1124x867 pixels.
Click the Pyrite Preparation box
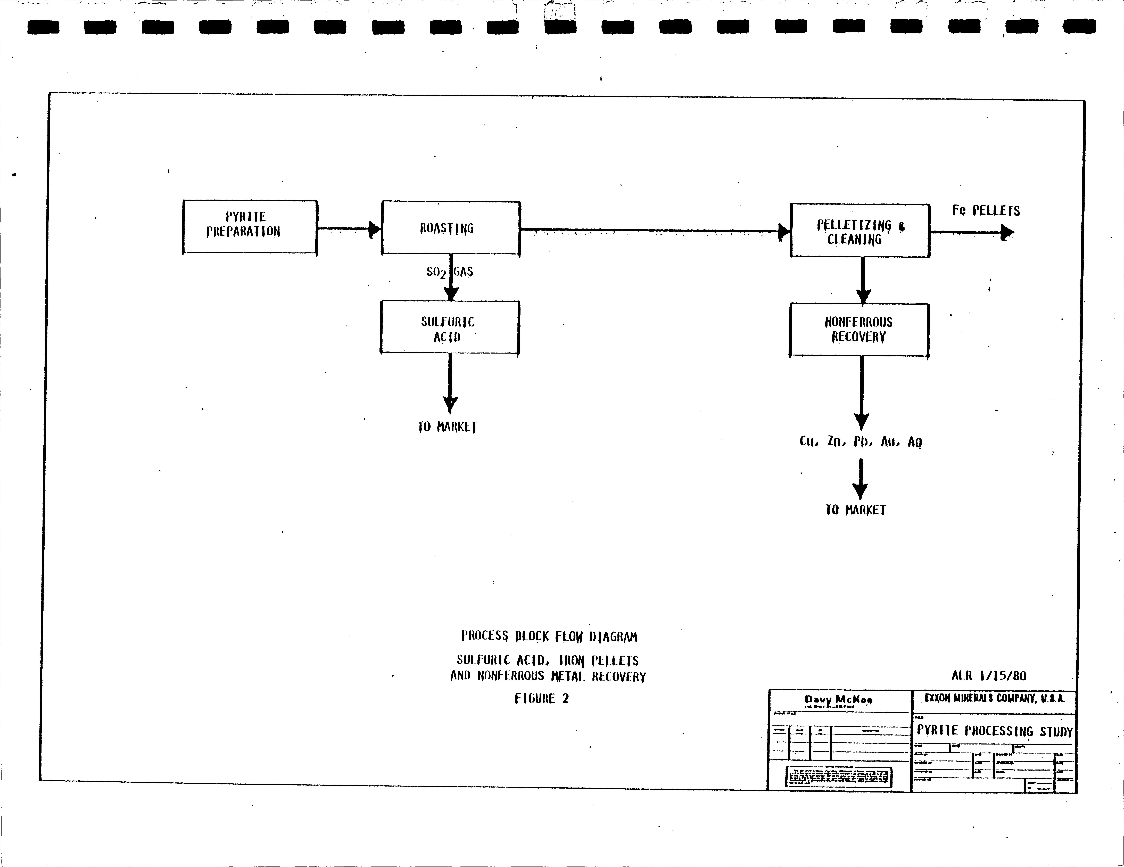coord(250,227)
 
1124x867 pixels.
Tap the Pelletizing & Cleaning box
coord(859,231)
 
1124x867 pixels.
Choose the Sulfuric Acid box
coord(449,328)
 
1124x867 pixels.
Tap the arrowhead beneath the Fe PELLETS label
coord(1006,233)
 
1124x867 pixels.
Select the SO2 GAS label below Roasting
coord(449,272)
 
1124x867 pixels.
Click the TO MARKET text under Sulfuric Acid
coord(447,427)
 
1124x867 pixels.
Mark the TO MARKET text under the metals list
coord(855,510)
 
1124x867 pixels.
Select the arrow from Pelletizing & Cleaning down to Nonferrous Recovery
coord(863,281)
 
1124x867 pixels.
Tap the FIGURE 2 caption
coord(541,699)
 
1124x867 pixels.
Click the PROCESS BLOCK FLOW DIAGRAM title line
coord(549,636)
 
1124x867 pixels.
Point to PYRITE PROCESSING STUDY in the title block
coord(994,731)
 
